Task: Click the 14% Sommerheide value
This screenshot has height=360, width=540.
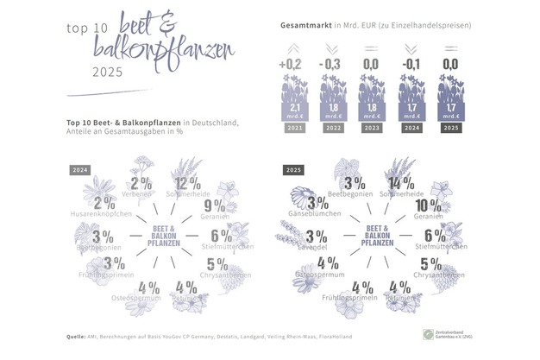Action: click(397, 184)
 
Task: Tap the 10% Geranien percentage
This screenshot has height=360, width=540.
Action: click(427, 206)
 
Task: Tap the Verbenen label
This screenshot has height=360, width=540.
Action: click(138, 194)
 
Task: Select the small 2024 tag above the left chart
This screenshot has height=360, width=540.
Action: click(80, 170)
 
